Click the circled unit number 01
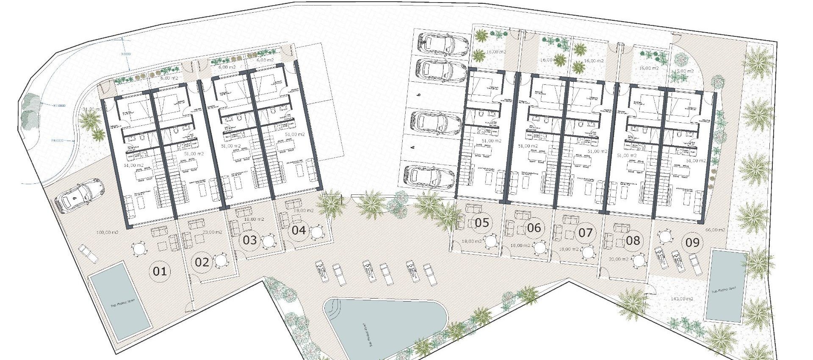[x=160, y=271]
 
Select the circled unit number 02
[x=202, y=262]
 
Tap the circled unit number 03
[x=250, y=240]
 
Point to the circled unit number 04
[x=299, y=230]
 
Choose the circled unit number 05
[x=482, y=222]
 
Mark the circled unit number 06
[x=534, y=228]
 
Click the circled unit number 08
[x=633, y=241]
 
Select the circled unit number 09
[x=692, y=243]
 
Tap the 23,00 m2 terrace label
[x=212, y=232]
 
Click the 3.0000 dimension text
[x=126, y=54]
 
